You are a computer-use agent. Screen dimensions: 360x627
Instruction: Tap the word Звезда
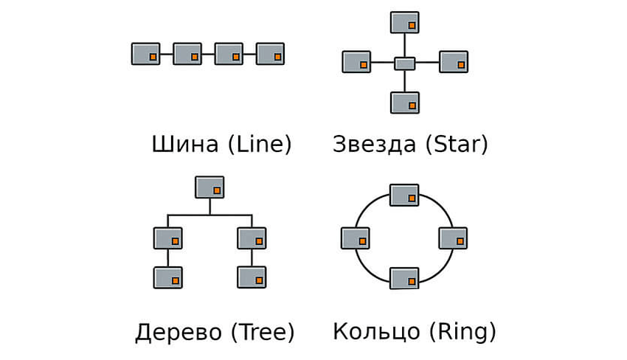pyautogui.click(x=374, y=143)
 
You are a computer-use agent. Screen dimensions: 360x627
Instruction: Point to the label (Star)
pyautogui.click(x=457, y=143)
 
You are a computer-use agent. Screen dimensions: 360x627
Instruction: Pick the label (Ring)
pyautogui.click(x=461, y=332)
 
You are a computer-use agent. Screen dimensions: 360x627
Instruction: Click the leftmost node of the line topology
pyautogui.click(x=145, y=54)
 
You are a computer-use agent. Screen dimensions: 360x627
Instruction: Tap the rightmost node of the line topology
pyautogui.click(x=270, y=54)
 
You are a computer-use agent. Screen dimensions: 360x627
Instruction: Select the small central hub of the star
pyautogui.click(x=405, y=63)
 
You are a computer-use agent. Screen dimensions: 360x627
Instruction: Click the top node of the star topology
pyautogui.click(x=405, y=22)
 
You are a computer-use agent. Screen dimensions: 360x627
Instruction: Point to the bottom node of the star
pyautogui.click(x=405, y=103)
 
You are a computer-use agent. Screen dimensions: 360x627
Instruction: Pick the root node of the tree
pyautogui.click(x=209, y=187)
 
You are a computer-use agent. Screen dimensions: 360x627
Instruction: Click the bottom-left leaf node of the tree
pyautogui.click(x=167, y=277)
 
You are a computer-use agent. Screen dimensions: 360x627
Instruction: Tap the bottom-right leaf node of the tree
pyautogui.click(x=252, y=277)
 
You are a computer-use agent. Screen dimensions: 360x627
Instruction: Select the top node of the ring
pyautogui.click(x=404, y=195)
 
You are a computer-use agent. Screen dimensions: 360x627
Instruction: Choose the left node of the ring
pyautogui.click(x=356, y=238)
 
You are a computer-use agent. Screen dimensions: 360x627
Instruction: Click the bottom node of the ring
pyautogui.click(x=404, y=278)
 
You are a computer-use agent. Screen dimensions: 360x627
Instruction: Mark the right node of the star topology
pyautogui.click(x=454, y=62)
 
